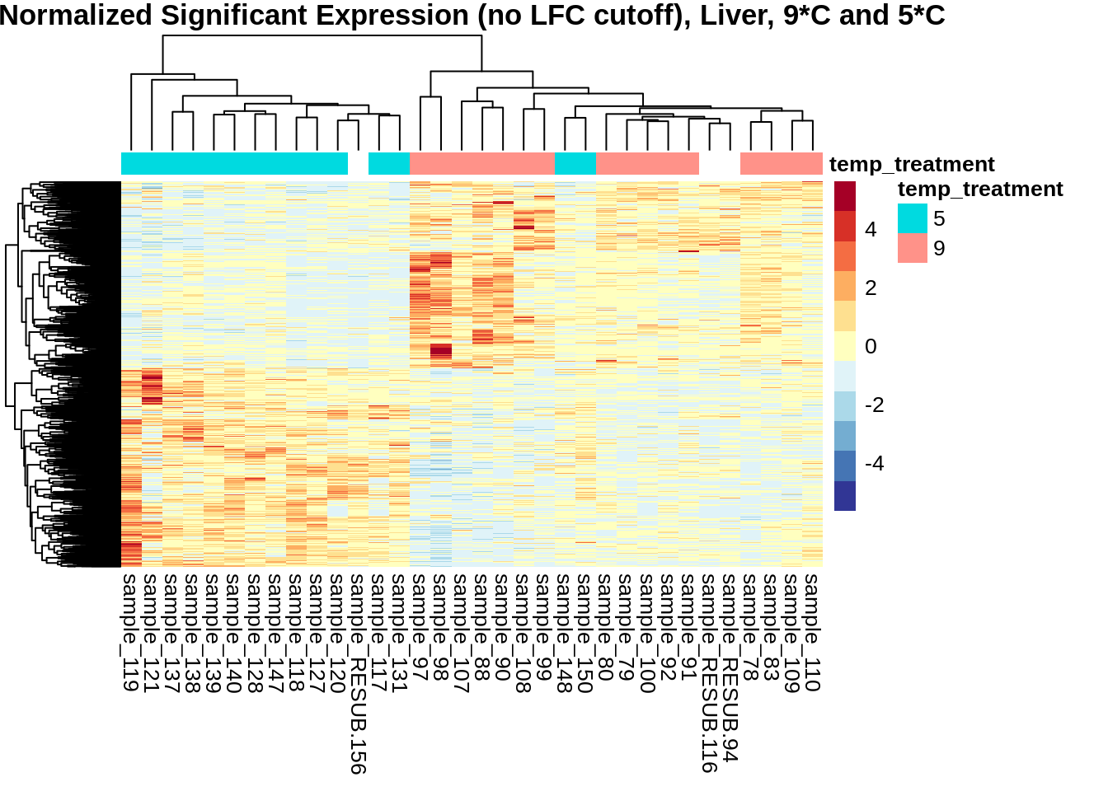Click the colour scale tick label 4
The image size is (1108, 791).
871,230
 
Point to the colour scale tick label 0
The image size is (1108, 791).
871,346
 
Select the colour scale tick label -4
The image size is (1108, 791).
874,463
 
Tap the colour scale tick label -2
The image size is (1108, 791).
874,405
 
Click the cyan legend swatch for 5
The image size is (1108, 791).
913,218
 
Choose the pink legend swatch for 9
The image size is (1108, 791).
913,248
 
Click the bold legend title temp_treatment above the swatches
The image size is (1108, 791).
980,189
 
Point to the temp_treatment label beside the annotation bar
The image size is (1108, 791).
912,164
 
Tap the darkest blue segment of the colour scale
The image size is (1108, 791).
845,496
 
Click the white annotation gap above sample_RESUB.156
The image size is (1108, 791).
358,163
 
